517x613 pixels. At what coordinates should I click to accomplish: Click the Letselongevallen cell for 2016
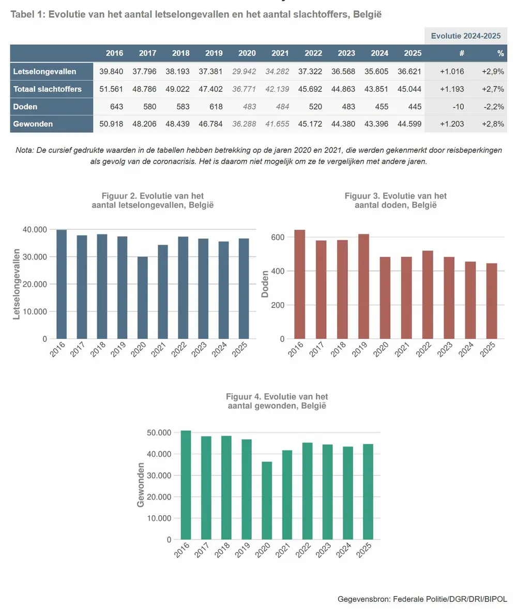coord(111,71)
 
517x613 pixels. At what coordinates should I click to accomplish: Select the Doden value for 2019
coord(214,107)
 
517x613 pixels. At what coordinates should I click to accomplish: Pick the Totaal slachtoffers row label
coord(48,89)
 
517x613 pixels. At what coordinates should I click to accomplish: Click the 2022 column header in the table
coord(313,53)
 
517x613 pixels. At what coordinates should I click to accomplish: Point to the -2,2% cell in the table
coord(493,107)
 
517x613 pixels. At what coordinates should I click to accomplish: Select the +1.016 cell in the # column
coord(452,71)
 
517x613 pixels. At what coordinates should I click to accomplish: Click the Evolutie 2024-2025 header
coord(466,36)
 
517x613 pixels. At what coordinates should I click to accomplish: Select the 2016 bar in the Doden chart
coord(300,285)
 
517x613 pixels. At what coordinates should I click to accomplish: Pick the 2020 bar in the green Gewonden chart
coord(267,500)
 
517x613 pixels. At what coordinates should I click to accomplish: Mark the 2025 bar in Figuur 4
coord(368,491)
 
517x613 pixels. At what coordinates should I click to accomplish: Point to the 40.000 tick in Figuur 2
coord(35,229)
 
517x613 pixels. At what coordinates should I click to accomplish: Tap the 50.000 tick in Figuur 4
coord(160,432)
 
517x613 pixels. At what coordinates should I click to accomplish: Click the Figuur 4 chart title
coord(277,401)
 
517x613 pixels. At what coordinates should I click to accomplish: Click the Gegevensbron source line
coord(422,599)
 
